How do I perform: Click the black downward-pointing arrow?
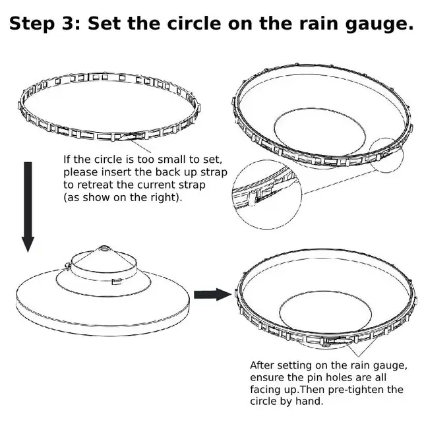27,205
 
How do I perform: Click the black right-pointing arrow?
212,293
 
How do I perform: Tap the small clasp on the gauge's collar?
116,284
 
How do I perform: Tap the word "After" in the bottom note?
263,365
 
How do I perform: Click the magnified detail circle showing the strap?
265,193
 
